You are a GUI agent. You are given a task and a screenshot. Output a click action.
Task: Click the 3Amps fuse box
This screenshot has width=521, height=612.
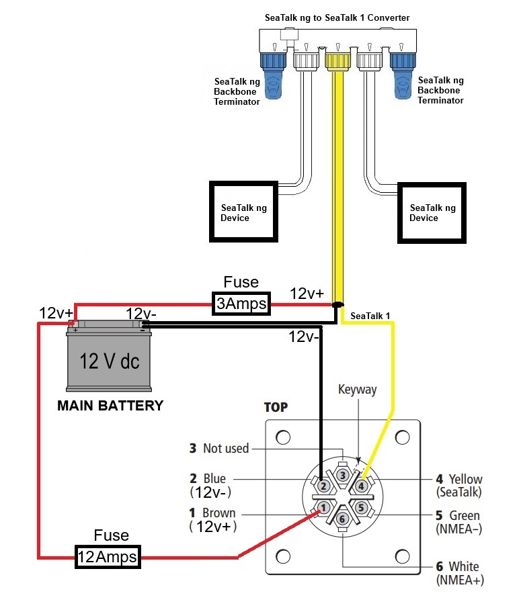point(241,303)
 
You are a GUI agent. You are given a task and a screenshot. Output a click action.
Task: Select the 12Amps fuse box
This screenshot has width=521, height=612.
point(108,556)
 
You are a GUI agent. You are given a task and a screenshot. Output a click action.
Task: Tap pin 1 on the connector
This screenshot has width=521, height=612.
point(323,508)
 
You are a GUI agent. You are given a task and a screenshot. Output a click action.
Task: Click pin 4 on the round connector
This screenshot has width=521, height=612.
point(361,486)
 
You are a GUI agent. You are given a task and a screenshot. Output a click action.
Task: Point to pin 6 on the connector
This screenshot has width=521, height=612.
point(342,519)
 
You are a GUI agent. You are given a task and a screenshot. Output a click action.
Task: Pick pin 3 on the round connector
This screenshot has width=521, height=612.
point(343,475)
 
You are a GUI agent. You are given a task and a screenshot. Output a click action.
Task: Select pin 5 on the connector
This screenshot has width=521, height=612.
point(361,507)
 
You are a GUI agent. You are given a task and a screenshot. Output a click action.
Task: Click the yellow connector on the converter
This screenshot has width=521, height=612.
point(338,60)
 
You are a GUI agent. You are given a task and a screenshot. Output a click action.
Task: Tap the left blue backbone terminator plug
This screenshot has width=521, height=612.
point(274,75)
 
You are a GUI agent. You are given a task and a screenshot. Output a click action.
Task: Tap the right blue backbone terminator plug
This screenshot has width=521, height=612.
point(403,75)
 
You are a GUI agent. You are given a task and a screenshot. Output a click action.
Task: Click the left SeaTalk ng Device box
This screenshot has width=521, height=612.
point(243,212)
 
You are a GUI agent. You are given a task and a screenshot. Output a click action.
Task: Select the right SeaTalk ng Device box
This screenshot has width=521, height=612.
point(432,213)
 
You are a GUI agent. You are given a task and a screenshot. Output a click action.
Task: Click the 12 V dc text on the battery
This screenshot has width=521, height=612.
point(110,361)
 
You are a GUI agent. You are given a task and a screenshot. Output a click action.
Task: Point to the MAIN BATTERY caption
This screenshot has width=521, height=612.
point(110,406)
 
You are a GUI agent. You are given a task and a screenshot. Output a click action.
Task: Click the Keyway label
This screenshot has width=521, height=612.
point(358,390)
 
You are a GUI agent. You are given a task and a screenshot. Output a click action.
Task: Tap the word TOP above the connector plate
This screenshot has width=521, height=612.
point(276,407)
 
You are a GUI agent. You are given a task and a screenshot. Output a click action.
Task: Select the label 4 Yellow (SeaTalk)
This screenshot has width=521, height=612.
point(459,485)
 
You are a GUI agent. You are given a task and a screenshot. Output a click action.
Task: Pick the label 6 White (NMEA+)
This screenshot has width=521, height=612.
point(460,573)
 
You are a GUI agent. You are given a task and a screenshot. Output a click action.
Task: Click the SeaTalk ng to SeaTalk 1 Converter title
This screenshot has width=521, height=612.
point(337,17)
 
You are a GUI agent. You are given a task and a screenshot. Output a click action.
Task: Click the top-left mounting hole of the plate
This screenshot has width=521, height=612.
point(283,437)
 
